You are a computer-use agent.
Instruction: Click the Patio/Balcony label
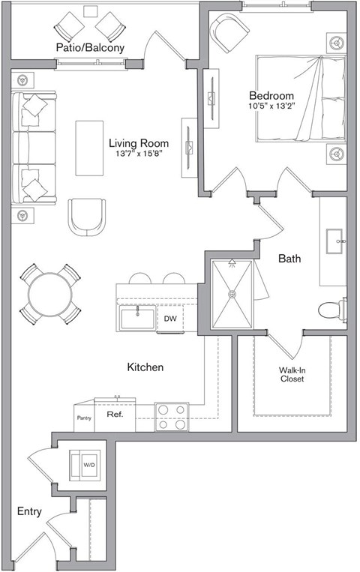(89, 48)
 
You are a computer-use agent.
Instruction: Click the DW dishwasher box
(170, 319)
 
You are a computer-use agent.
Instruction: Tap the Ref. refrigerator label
(114, 414)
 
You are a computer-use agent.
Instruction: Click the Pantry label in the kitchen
(83, 418)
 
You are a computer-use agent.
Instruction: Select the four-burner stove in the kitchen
(171, 417)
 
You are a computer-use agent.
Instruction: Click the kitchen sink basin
(138, 318)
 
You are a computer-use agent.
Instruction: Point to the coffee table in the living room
(90, 147)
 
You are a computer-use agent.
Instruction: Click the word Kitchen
(145, 367)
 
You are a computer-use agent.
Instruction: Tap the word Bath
(289, 259)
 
